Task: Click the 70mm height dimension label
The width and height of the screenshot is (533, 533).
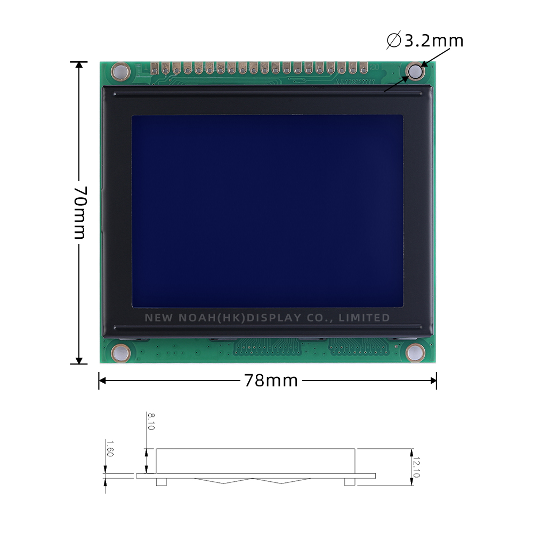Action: tap(79, 212)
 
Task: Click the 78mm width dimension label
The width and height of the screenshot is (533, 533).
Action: tap(271, 381)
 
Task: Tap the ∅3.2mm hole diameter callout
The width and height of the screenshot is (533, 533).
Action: tap(425, 41)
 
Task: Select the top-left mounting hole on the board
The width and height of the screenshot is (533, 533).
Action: tap(120, 71)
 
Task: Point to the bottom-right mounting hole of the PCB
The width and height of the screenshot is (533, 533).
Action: tap(415, 352)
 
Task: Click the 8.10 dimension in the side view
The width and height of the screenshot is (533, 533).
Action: tap(151, 421)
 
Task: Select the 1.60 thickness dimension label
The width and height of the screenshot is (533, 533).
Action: tap(109, 448)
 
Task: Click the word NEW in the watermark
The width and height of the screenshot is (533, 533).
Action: tap(158, 318)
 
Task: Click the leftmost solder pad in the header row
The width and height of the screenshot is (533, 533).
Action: tap(155, 68)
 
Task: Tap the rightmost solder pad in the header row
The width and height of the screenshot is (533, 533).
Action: tap(364, 68)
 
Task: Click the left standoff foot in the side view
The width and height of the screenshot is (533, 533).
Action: tap(161, 482)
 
